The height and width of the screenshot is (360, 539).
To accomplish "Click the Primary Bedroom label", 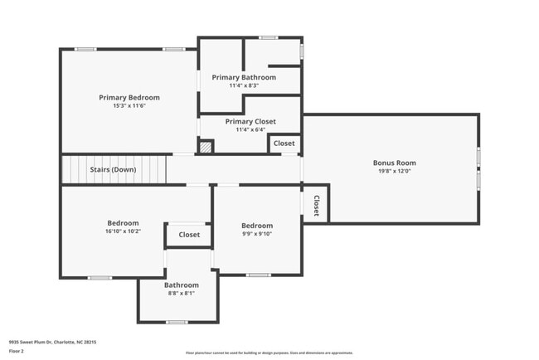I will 129,97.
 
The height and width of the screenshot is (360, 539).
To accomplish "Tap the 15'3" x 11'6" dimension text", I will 129,106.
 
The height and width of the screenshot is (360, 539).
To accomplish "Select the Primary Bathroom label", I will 244,77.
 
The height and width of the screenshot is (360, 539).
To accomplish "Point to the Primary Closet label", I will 250,121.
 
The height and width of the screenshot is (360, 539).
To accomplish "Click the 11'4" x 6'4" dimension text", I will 250,129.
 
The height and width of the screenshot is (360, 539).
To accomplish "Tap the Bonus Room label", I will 395,163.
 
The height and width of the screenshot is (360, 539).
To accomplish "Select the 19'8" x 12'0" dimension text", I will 395,172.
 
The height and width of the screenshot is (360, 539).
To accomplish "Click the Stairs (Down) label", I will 113,170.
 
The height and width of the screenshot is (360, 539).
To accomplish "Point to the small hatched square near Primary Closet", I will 206,146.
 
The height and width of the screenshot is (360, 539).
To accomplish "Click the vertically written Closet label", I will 316,206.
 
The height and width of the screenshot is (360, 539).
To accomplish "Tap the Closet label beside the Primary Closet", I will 284,144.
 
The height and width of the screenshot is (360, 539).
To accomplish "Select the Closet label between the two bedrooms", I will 189,235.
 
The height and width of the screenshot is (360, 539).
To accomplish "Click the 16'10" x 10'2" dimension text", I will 123,231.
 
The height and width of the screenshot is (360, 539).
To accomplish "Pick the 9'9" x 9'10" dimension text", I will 257,234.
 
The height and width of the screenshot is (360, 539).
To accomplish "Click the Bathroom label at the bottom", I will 181,285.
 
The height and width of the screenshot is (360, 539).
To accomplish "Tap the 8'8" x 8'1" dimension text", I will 181,293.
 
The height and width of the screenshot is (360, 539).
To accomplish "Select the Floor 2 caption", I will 16,351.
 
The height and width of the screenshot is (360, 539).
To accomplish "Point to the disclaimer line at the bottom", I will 269,353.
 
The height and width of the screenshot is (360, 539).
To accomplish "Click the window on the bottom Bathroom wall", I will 177,321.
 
